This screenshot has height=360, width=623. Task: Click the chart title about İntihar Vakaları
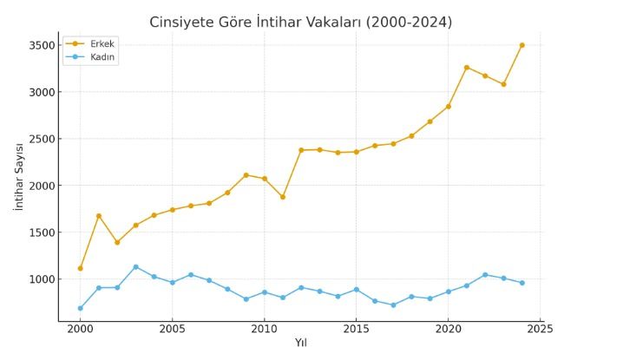point(300,22)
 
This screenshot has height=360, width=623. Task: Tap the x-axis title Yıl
point(300,343)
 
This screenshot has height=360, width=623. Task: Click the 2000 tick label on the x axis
point(80,329)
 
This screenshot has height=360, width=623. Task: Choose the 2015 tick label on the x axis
point(356,329)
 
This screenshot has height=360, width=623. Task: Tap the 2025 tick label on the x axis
point(540,329)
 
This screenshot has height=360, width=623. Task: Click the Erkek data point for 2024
point(521,45)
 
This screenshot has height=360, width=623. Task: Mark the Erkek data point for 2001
point(98,216)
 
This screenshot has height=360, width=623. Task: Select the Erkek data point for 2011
point(282,197)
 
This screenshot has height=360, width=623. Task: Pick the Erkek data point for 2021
point(466,68)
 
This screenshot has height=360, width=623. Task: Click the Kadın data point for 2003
point(135,267)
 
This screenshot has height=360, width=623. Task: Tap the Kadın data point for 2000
point(80,308)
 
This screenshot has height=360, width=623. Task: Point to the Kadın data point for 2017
point(393,305)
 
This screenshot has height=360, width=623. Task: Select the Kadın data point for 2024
point(521,283)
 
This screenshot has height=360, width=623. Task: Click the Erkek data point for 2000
point(80,268)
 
